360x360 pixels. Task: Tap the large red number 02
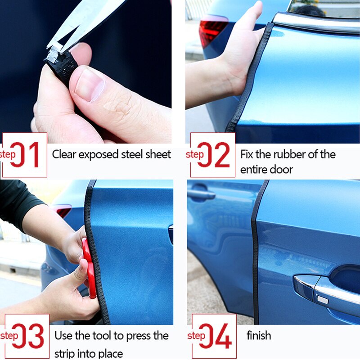point(215,155)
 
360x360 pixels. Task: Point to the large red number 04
point(216,336)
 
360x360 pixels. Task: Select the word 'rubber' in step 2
point(282,154)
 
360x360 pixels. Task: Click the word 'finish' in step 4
point(259,336)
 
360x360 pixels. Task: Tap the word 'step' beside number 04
point(196,336)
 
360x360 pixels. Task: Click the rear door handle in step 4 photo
point(201,194)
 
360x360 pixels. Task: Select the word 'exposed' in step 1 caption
point(96,154)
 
